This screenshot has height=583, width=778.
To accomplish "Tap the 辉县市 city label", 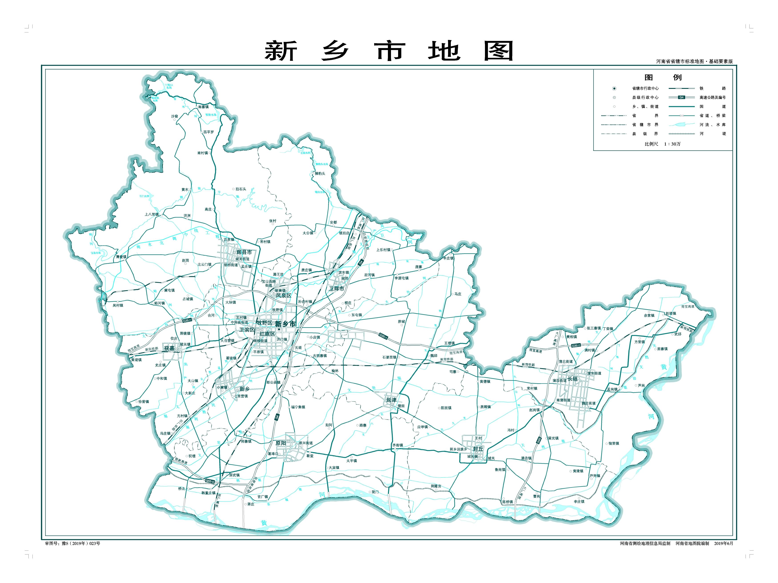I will pos(244,252).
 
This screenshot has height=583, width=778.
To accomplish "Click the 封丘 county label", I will pos(478,449).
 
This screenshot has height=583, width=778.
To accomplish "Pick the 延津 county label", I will pos(391,400).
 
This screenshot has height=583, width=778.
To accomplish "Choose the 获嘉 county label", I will pos(169,348).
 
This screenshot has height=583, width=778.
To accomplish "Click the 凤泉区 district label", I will pos(283,296).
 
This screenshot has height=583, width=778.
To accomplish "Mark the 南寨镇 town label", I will pos(203,107).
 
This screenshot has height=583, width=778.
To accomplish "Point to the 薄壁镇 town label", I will pos(121,257).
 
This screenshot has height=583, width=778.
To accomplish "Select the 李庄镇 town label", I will pos(579,501).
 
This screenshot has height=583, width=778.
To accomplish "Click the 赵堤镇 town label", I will pos(670,313).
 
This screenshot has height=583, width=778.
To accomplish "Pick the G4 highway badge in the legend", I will pos(681,97).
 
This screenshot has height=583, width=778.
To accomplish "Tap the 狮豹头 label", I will pos(320,173).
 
